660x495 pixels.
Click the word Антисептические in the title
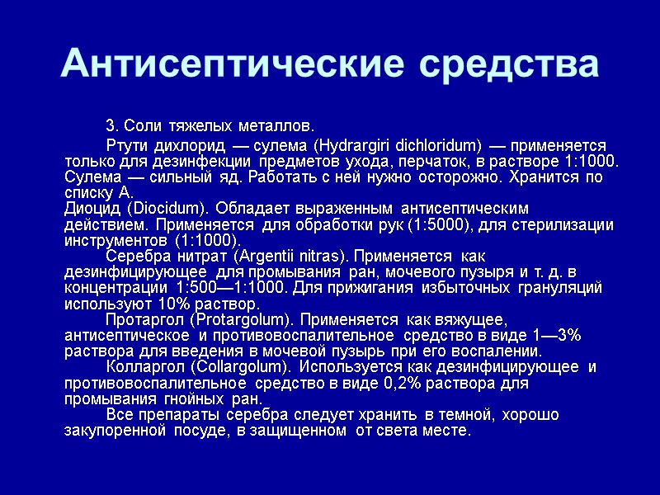[x=229, y=64]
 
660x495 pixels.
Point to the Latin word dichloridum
[x=441, y=145]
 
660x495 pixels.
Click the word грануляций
[x=558, y=288]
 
